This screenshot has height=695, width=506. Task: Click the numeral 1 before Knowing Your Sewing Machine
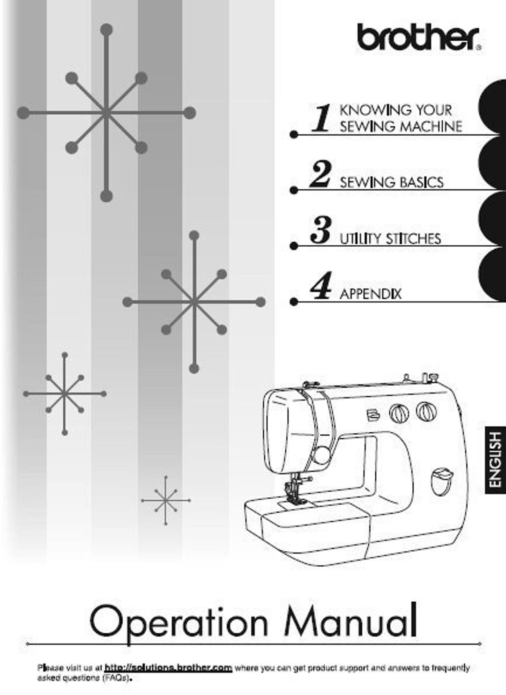pyautogui.click(x=322, y=118)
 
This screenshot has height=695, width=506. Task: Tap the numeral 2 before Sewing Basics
pyautogui.click(x=321, y=174)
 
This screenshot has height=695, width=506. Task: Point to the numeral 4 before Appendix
pyautogui.click(x=321, y=286)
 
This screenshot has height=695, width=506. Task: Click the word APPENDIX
pyautogui.click(x=370, y=294)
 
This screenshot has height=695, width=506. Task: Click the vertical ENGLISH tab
pyautogui.click(x=495, y=459)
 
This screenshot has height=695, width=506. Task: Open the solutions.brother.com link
pyautogui.click(x=168, y=667)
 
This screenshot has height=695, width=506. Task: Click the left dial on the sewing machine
pyautogui.click(x=399, y=413)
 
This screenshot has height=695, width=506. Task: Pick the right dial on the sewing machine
pyautogui.click(x=426, y=411)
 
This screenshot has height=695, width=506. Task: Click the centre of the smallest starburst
pyautogui.click(x=165, y=500)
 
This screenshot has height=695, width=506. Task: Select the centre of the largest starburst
pyautogui.click(x=106, y=112)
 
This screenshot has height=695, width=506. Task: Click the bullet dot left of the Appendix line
pyautogui.click(x=294, y=302)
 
